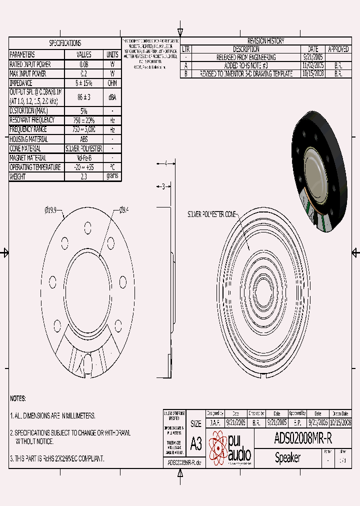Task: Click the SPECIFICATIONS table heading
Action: pos(65,43)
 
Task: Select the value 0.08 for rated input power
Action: pos(83,64)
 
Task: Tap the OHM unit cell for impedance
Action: pos(112,83)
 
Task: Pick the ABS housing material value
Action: pos(83,139)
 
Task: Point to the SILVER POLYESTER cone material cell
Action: pos(83,148)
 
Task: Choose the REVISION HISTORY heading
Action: pos(265,41)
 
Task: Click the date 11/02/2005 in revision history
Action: pos(313,65)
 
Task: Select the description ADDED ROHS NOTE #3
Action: pos(246,65)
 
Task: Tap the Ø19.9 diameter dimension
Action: pos(52,210)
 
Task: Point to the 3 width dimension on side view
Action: pos(163,186)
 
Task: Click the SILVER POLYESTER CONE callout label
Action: pos(211,214)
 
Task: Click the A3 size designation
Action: pos(196,443)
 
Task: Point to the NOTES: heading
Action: pos(18,398)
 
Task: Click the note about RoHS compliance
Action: pos(57,458)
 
